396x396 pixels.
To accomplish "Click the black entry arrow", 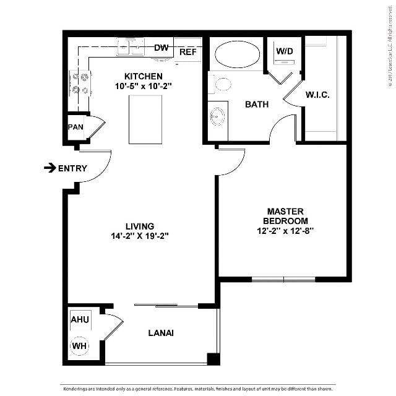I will click(x=49, y=168).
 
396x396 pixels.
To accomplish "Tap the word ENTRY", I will click(x=72, y=168).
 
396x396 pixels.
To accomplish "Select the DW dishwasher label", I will click(x=161, y=48).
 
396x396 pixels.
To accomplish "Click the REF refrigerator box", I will click(x=187, y=52).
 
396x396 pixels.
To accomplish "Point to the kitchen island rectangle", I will click(x=145, y=119).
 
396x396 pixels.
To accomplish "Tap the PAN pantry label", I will click(x=75, y=127).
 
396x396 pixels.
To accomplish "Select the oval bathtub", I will click(x=237, y=54).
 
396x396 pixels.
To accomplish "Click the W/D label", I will click(x=284, y=51).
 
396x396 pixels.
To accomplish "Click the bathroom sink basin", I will click(x=217, y=116).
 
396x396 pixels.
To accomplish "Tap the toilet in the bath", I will click(x=220, y=84).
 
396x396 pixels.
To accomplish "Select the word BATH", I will click(x=256, y=105).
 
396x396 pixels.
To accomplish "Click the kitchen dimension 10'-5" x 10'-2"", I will click(x=139, y=87).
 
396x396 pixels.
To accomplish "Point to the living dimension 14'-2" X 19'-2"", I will click(x=139, y=236).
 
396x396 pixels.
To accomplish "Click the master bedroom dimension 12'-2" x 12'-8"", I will click(x=285, y=230).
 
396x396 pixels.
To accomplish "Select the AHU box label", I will click(x=79, y=320).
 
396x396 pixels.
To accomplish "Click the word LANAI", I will click(x=160, y=333).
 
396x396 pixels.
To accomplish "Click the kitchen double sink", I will click(x=130, y=46).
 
